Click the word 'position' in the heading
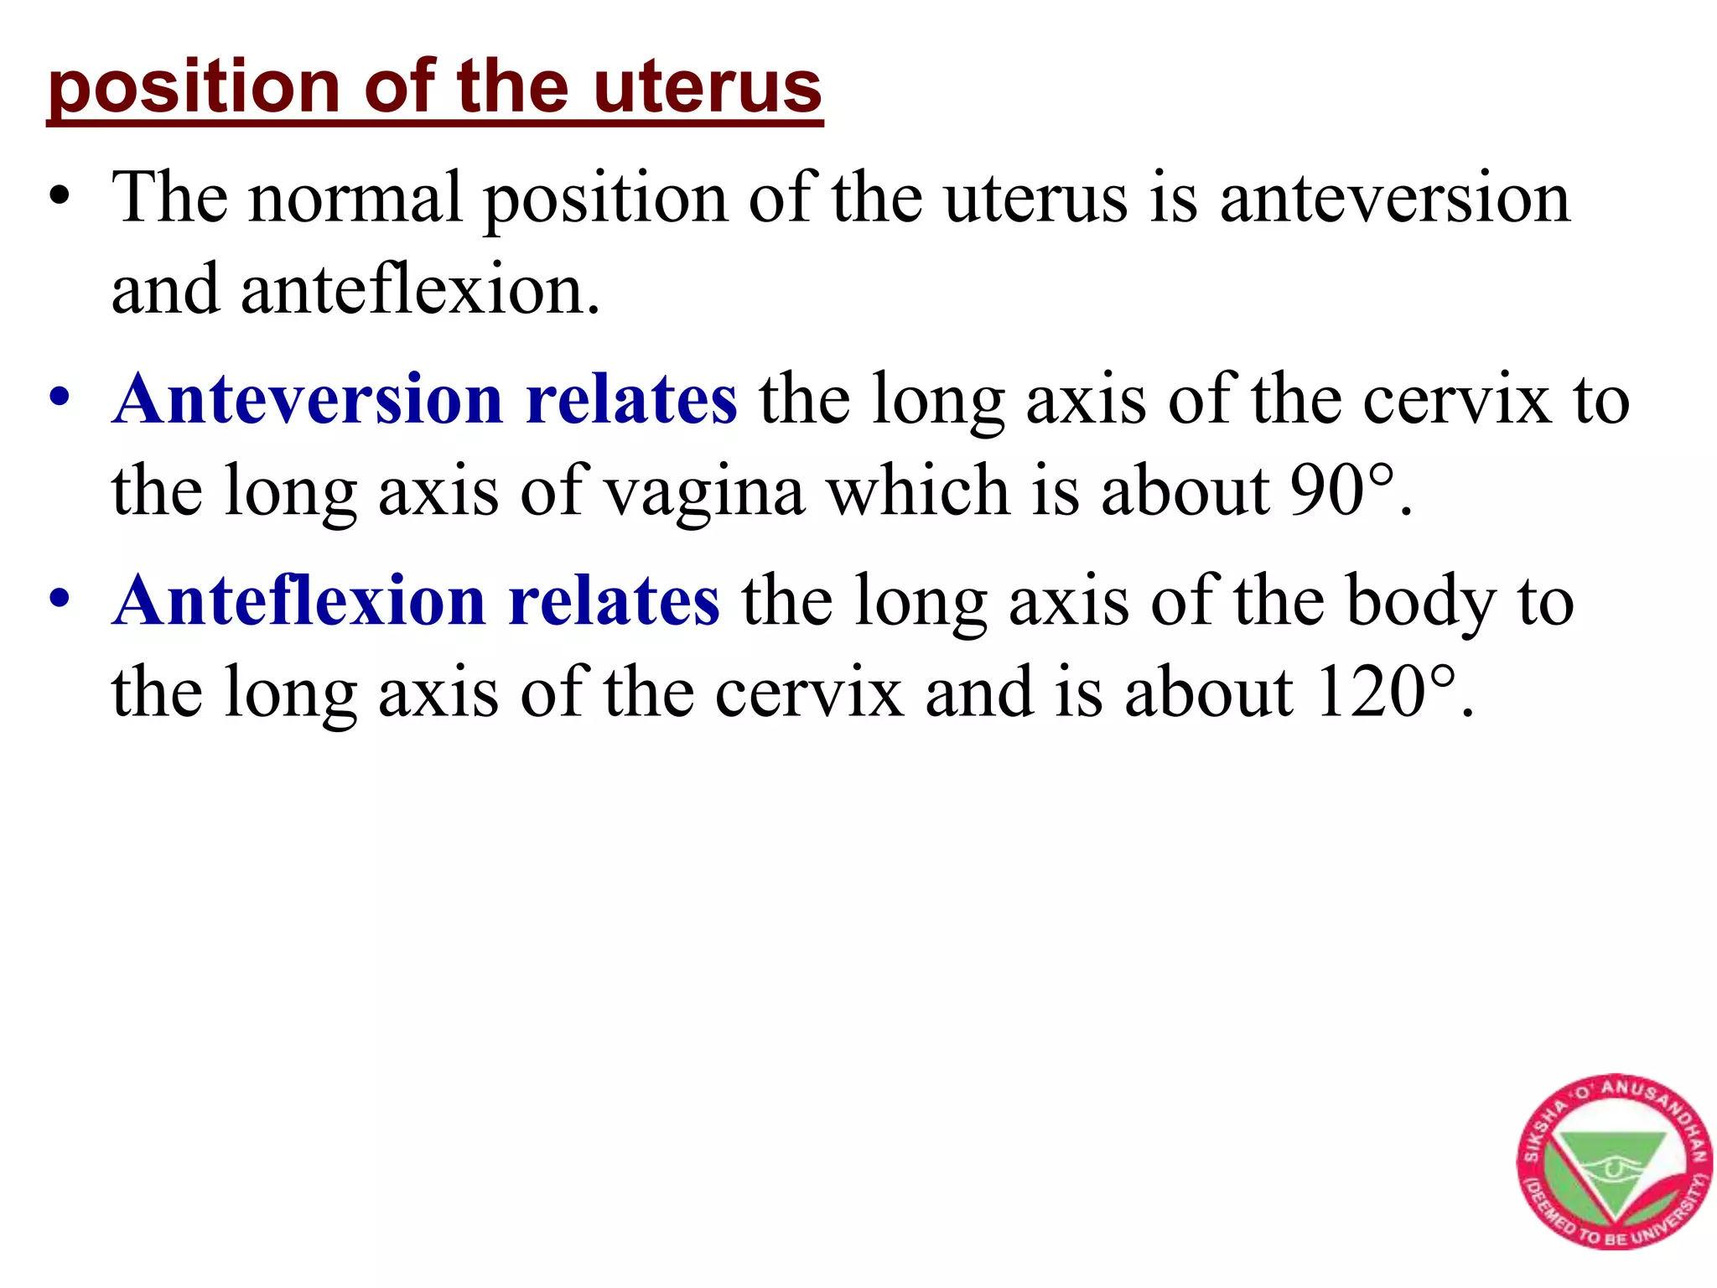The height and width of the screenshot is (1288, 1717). [x=194, y=89]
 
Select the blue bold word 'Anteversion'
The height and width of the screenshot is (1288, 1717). [x=309, y=399]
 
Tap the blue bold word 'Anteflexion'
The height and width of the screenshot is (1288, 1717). [x=299, y=601]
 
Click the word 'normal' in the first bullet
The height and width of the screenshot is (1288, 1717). [x=356, y=198]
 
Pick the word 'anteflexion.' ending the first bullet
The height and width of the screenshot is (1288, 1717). [x=420, y=290]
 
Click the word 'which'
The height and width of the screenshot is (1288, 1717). [x=919, y=491]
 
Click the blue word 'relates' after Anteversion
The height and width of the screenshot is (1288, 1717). [x=631, y=399]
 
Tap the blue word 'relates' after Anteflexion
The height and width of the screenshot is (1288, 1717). [x=614, y=601]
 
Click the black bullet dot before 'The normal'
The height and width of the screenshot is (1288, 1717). [x=59, y=198]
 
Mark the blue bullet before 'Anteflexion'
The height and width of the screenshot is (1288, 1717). [x=59, y=600]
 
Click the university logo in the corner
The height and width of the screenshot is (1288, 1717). [x=1613, y=1161]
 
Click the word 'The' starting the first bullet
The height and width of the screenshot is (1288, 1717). [x=170, y=198]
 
